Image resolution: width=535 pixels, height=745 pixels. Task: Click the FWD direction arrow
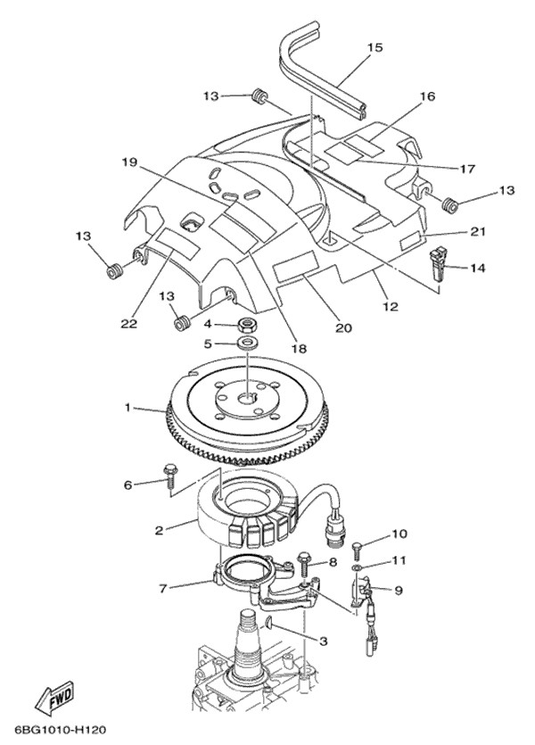pos(55,699)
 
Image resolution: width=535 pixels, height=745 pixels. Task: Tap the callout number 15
pos(374,47)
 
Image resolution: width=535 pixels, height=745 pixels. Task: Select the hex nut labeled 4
pos(247,325)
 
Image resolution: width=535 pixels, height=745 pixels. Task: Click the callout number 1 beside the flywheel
pos(128,408)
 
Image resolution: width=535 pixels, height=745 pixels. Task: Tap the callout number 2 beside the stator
pos(159,530)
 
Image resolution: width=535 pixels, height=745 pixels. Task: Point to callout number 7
pos(163,589)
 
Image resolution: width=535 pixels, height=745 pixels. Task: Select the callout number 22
pos(128,324)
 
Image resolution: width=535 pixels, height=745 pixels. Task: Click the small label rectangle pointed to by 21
pos(411,242)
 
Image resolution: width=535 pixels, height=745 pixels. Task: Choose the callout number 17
pos(467,169)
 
